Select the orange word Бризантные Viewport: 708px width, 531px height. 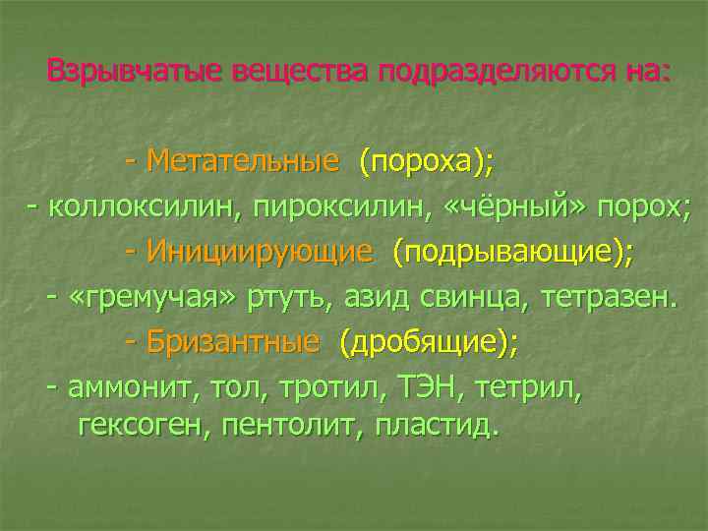pos(233,342)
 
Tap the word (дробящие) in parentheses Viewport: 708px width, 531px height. pos(427,342)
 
